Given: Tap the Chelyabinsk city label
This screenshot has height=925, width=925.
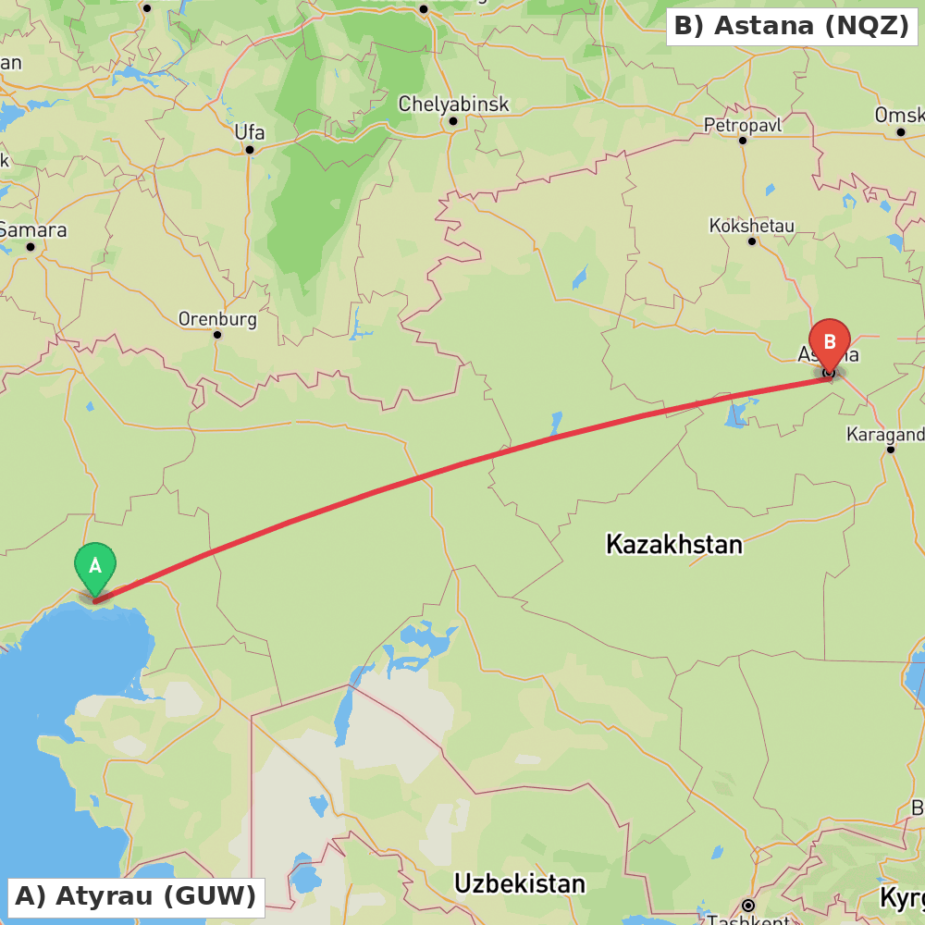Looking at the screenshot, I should [453, 104].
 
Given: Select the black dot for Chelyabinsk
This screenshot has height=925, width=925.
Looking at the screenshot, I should [453, 121].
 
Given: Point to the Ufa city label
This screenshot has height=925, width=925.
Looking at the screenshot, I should [249, 131].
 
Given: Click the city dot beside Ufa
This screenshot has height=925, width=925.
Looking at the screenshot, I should [250, 149].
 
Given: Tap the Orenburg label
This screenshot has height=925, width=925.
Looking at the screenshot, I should [217, 319].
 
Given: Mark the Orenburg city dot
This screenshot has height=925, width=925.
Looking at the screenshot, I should [217, 335].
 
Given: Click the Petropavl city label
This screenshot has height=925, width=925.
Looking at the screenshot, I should [742, 124].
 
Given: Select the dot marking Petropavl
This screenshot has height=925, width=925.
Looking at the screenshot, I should [742, 141].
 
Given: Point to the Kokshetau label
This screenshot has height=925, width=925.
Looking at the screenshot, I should [751, 225].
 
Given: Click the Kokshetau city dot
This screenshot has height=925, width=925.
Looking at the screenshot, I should [752, 241].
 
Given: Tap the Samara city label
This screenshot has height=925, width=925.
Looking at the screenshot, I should [33, 229].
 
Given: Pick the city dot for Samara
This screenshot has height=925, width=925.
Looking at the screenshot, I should [31, 247].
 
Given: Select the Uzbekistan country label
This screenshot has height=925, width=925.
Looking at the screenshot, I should [519, 883].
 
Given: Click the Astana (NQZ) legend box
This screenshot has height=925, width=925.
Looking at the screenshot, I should [792, 26].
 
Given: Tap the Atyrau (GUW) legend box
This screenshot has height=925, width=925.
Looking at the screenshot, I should [135, 896].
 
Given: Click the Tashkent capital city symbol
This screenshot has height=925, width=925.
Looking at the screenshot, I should [747, 905].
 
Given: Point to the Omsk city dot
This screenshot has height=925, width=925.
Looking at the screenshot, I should [901, 132].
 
